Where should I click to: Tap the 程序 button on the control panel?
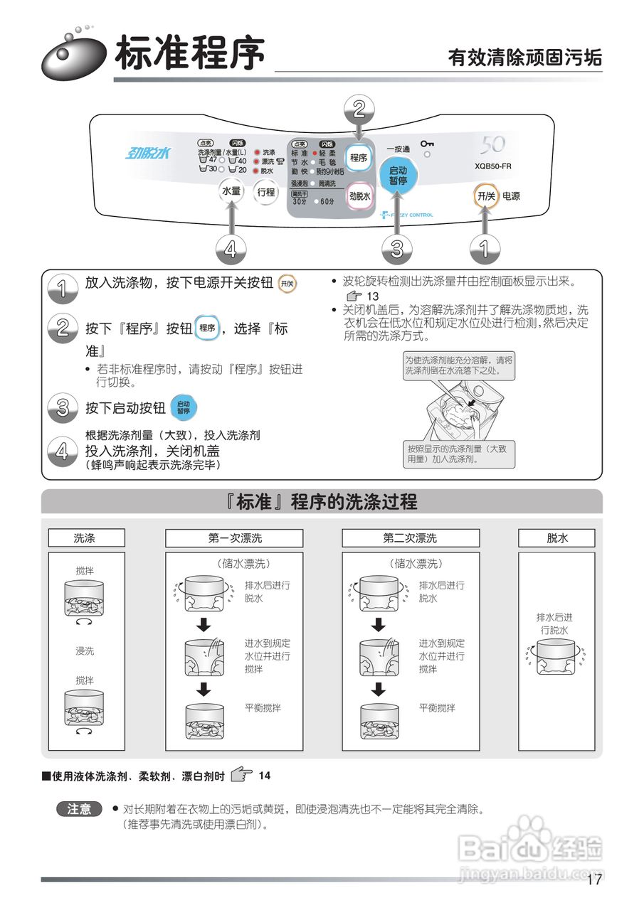359,158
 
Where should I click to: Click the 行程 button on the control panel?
266,191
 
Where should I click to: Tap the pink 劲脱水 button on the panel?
360,197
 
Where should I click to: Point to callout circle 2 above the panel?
359,109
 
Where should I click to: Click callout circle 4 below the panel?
231,249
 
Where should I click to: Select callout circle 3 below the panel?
397,249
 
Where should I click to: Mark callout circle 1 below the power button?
485,249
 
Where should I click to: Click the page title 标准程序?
190,54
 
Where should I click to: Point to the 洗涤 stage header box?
86,538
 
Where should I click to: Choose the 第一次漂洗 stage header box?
234,538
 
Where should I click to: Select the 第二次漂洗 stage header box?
410,538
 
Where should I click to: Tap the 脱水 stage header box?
557,538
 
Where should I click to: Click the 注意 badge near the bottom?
80,809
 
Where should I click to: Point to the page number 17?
595,880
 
